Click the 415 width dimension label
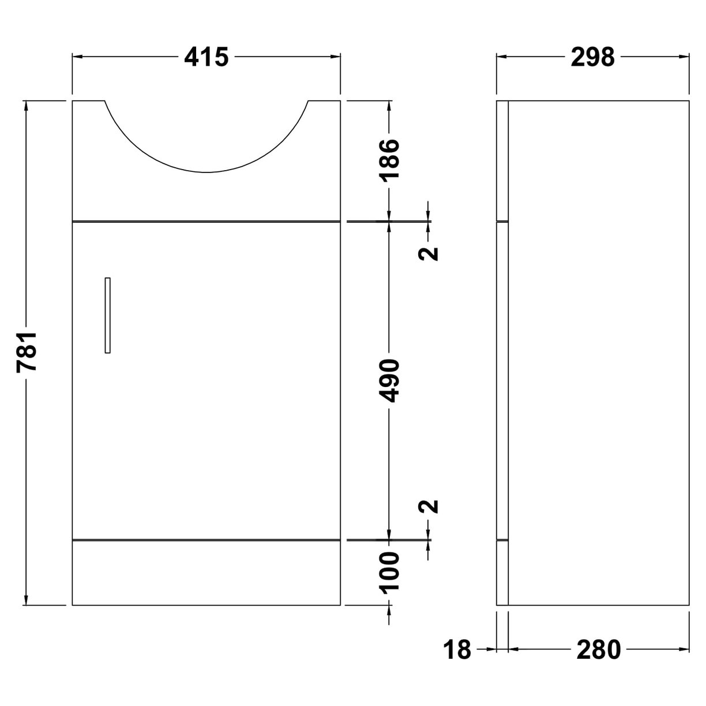coord(206,57)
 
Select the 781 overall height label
coord(27,351)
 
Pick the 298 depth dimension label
coord(592,57)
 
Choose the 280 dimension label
coord(598,650)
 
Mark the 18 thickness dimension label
coord(457,650)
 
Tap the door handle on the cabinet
coord(107,315)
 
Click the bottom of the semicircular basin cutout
coord(206,171)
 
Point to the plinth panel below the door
coord(206,573)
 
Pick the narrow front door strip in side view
coord(502,381)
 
